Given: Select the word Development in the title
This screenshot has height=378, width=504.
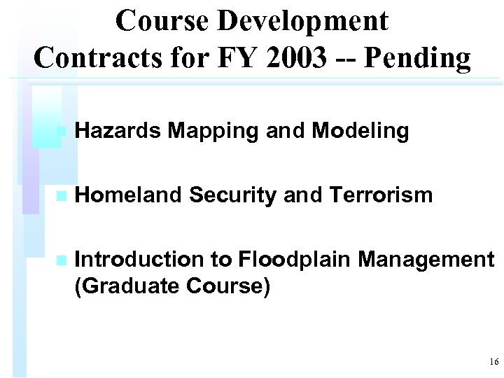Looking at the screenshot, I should (x=302, y=21).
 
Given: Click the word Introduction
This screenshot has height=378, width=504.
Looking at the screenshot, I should (x=136, y=260).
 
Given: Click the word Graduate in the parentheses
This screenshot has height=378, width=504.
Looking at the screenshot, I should (x=130, y=286).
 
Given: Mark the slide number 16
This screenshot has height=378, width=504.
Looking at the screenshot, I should (x=493, y=362).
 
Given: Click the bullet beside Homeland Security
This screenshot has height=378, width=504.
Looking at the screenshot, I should (x=61, y=196).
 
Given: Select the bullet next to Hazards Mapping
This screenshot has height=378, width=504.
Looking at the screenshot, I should (x=61, y=131).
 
